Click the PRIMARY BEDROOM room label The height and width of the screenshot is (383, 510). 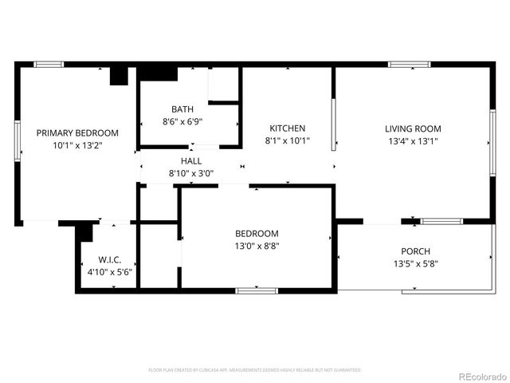(x=78, y=132)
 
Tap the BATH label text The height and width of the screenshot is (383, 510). (x=182, y=109)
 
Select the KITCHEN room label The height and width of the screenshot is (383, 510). (x=287, y=128)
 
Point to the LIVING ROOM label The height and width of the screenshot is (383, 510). (x=413, y=128)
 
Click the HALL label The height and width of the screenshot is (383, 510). (x=190, y=161)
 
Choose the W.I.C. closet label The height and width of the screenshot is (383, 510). (x=109, y=259)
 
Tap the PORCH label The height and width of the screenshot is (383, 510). (x=415, y=251)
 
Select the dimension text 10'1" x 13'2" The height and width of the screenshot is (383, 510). (x=78, y=145)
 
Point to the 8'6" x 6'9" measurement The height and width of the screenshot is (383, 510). (x=182, y=122)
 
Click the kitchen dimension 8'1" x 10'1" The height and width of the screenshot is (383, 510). (x=287, y=140)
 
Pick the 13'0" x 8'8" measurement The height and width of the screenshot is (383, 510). (x=257, y=246)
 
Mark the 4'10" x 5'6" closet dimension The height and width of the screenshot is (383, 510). (x=109, y=272)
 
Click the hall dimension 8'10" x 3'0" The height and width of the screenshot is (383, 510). (x=190, y=173)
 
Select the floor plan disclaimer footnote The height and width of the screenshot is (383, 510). (x=255, y=370)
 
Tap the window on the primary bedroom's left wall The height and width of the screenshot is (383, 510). (x=17, y=143)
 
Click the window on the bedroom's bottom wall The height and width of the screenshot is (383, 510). (x=257, y=290)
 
